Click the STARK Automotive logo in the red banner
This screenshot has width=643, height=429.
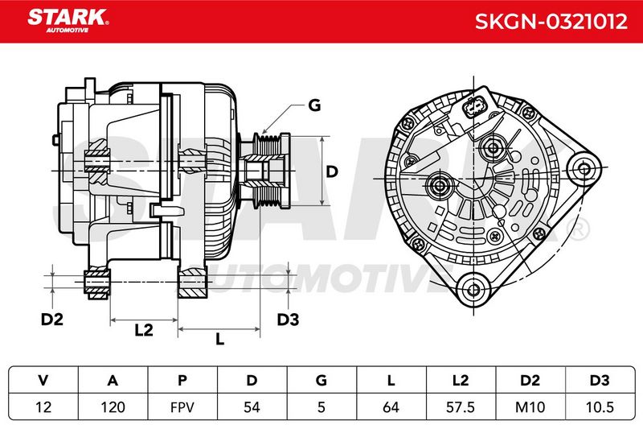pos(68,21)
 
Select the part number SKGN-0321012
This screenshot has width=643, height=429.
pos(551,22)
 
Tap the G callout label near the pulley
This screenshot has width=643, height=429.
pos(314,105)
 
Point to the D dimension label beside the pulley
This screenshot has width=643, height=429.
pos(331,171)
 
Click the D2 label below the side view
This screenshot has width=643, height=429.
pos(52,319)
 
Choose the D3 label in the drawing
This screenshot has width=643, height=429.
pos(288,319)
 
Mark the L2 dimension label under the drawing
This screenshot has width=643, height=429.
pos(144,330)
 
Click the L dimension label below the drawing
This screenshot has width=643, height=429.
pos(220,339)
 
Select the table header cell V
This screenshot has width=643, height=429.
pos(43,380)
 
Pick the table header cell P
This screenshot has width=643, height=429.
pos(182,380)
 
